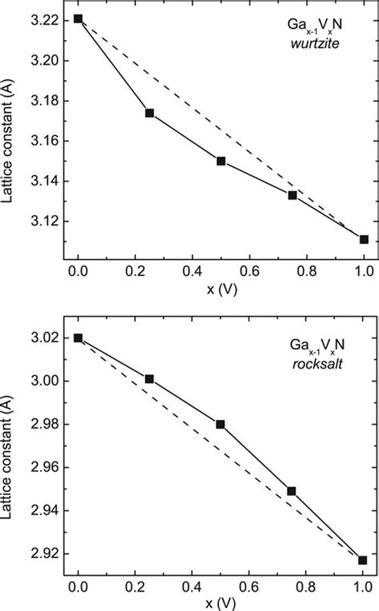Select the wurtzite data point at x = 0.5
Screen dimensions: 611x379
point(221,161)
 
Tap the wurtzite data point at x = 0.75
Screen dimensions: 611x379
point(293,195)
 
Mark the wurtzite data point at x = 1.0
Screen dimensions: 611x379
point(365,239)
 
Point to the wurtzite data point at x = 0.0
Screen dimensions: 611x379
point(78,18)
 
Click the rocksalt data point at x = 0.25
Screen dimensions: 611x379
point(150,378)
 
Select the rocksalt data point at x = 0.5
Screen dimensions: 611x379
point(221,424)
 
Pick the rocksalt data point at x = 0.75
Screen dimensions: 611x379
point(293,491)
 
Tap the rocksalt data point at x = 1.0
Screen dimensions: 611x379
point(365,560)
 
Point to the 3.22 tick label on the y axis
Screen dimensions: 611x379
point(53,19)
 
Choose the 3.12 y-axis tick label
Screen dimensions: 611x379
point(53,222)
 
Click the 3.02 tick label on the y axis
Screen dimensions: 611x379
point(53,338)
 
